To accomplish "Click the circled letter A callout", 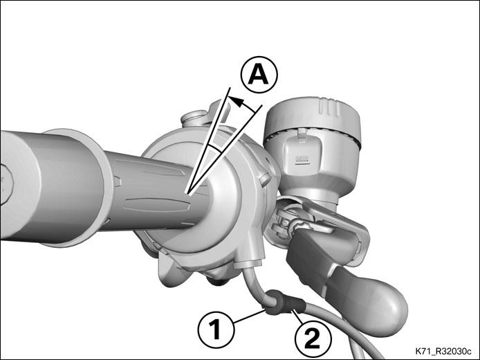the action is click(259, 75).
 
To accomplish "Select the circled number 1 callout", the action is click(216, 329).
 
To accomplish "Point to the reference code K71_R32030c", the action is click(443, 351).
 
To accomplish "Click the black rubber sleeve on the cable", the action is click(285, 303).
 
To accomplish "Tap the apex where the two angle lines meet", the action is click(189, 195).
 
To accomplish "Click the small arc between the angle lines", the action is click(214, 149).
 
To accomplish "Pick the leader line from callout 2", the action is click(298, 316).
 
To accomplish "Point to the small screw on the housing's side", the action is click(264, 179).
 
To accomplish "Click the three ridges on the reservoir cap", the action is click(329, 107).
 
